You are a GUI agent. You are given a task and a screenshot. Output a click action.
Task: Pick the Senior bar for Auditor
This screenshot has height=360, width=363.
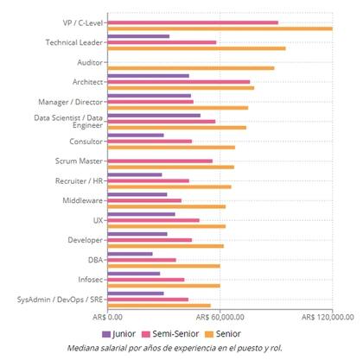[190, 67]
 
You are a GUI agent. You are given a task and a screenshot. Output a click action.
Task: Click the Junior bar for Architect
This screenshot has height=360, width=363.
[148, 76]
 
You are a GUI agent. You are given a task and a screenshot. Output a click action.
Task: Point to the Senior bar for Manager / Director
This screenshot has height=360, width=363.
[177, 108]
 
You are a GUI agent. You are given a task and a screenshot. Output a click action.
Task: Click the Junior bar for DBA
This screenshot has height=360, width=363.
[130, 254]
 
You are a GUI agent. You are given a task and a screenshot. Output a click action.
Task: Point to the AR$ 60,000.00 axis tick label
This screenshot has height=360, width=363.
[220, 317]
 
